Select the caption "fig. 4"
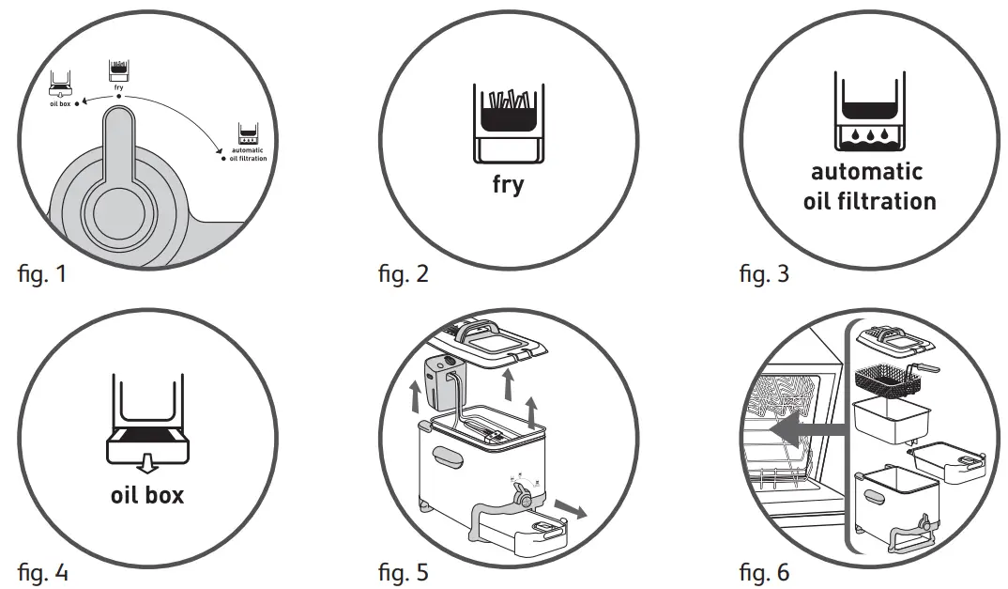(x=42, y=571)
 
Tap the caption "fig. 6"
(x=764, y=571)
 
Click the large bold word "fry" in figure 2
(x=508, y=183)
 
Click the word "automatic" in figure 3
(x=866, y=172)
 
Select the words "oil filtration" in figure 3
(x=869, y=201)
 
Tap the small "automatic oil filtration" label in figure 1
(x=247, y=154)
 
